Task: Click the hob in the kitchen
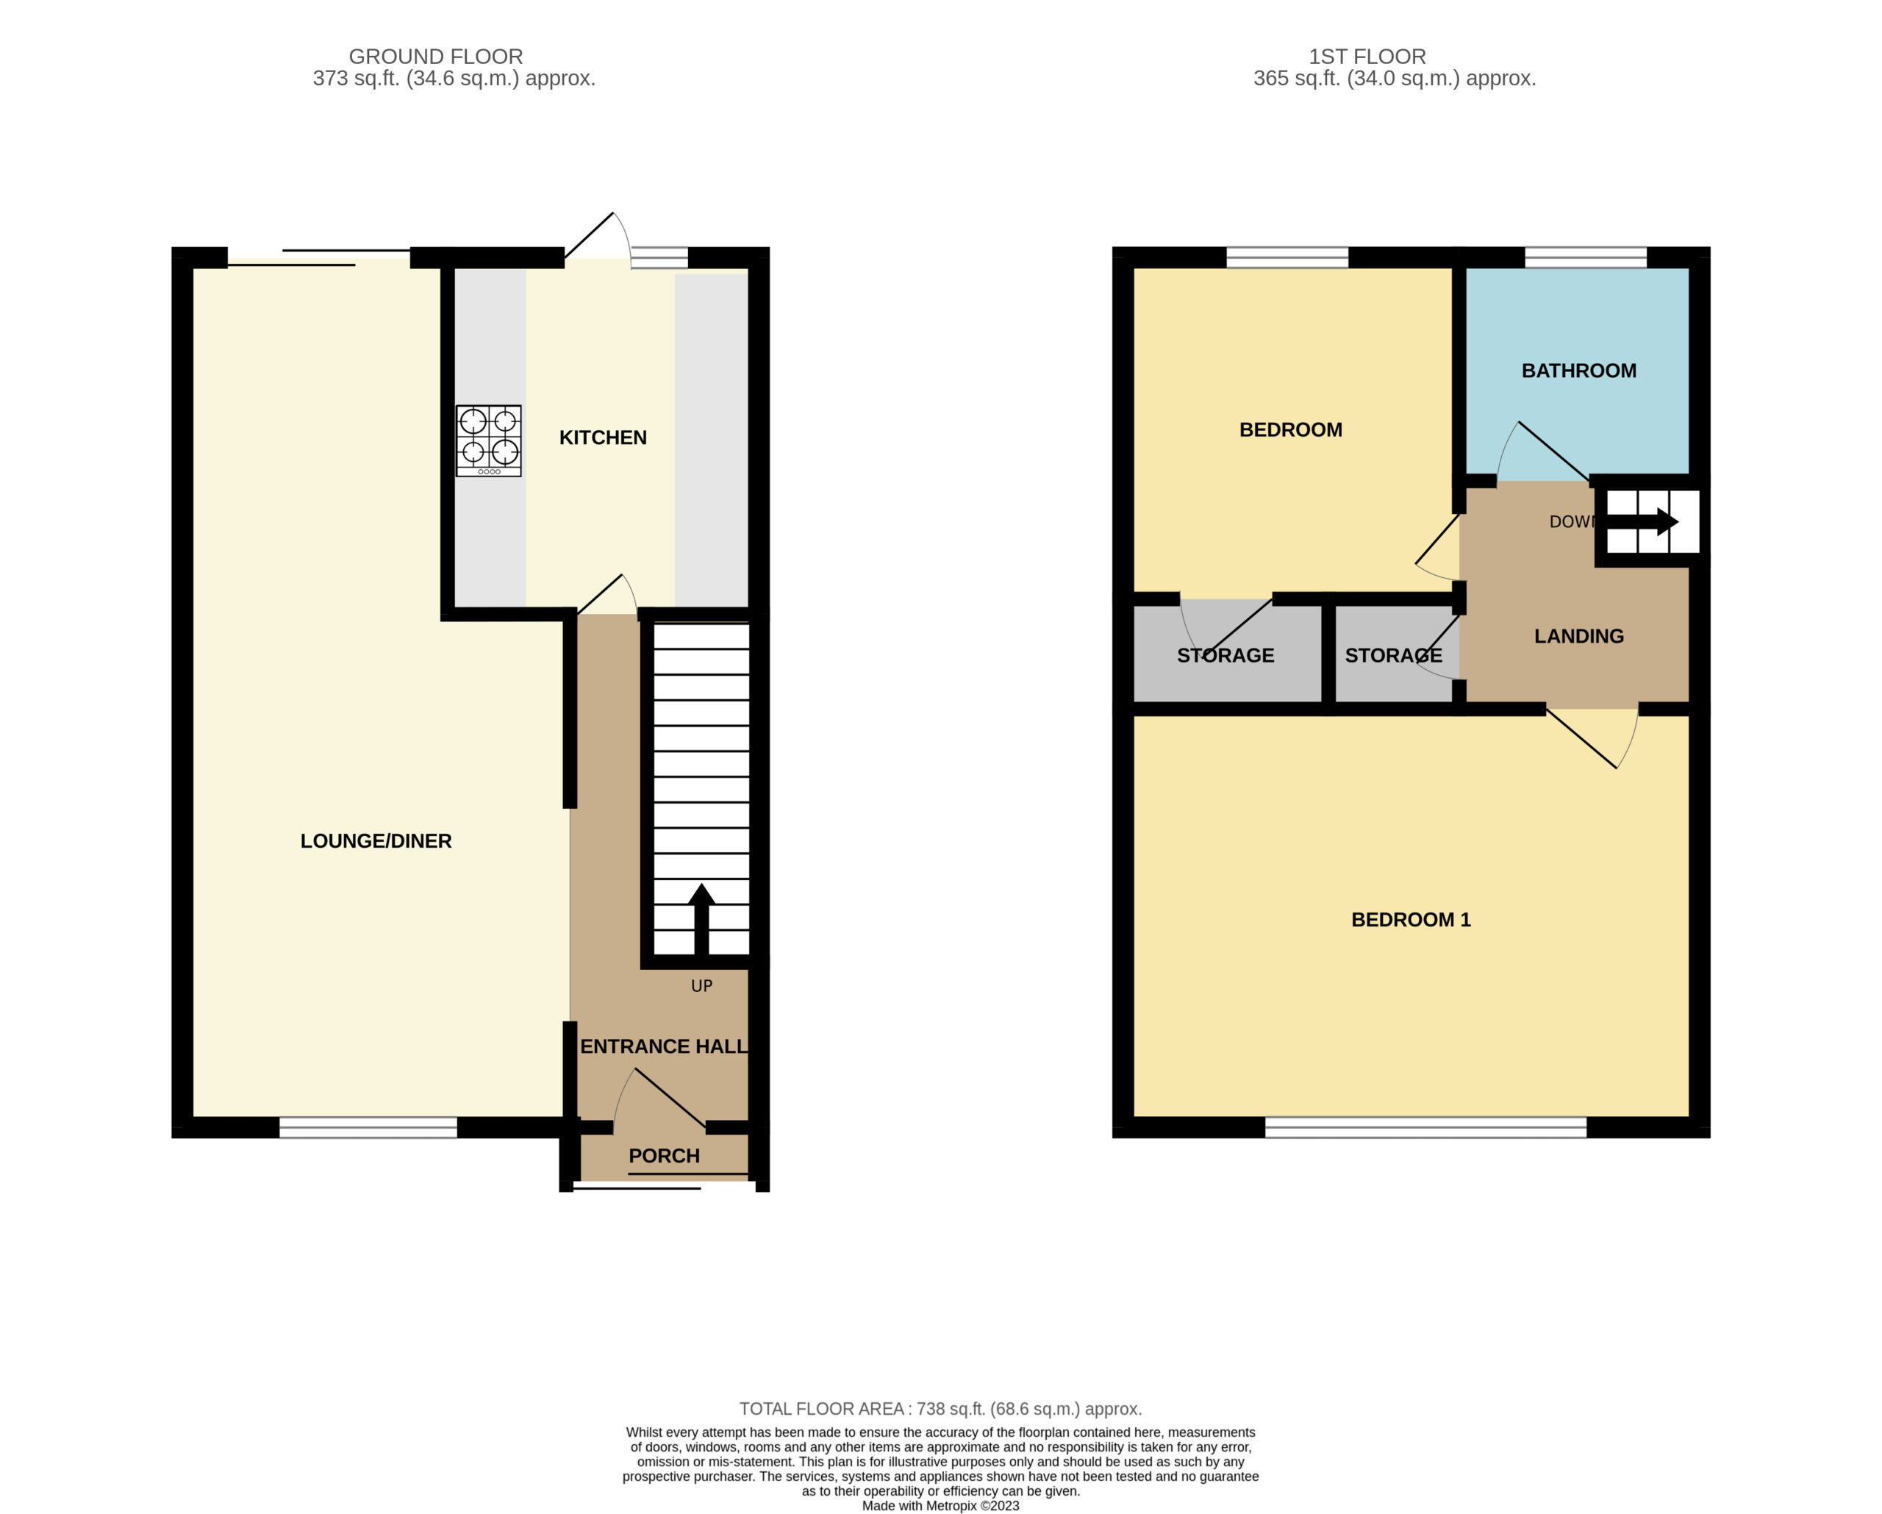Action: point(489,441)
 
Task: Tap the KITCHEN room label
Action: point(603,438)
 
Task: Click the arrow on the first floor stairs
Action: point(1642,522)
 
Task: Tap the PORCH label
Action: point(665,1156)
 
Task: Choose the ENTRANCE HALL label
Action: point(663,1046)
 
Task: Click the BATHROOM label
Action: point(1579,371)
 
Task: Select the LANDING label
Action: point(1579,637)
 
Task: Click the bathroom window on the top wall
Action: point(1585,257)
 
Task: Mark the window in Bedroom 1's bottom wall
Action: point(1425,1127)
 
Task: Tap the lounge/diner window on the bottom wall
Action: point(368,1127)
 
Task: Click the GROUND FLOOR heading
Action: point(436,57)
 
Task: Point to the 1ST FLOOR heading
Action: point(1367,57)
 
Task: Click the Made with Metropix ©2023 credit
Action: point(941,1506)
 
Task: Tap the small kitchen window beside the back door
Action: point(659,257)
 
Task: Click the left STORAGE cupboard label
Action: point(1226,656)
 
